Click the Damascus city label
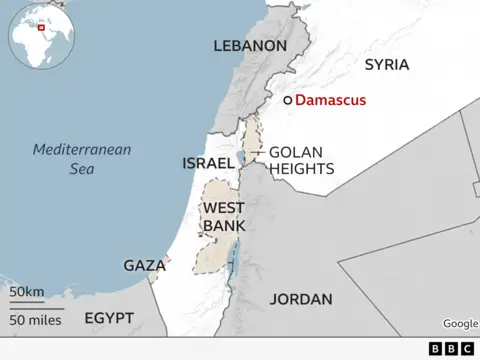(331, 100)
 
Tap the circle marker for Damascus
(287, 100)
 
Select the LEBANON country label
(249, 46)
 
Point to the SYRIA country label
(387, 64)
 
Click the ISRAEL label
(207, 163)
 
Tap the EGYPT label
(108, 317)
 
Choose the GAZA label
(144, 266)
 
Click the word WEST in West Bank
(224, 208)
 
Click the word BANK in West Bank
(224, 226)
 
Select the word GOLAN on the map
(294, 153)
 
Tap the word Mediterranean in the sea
(82, 150)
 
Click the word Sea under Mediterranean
(82, 169)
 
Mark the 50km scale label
(27, 291)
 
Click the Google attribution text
(460, 323)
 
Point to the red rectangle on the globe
(41, 27)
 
